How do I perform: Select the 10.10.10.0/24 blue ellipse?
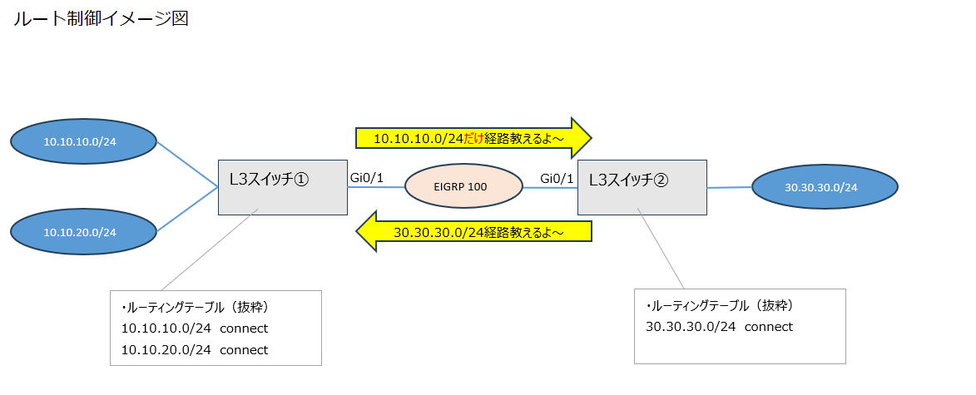click(x=84, y=141)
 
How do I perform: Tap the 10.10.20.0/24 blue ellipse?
click(x=84, y=231)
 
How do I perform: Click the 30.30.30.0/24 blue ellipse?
click(x=825, y=187)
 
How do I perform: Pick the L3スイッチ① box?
click(x=283, y=187)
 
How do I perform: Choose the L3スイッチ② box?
click(x=642, y=187)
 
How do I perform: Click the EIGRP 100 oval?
click(x=463, y=187)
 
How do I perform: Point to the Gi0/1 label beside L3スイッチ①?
click(x=367, y=178)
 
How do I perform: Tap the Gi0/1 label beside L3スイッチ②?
click(x=557, y=178)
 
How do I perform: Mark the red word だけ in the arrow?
click(x=473, y=137)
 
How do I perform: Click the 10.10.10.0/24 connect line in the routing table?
click(x=195, y=328)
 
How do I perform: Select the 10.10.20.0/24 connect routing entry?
click(x=195, y=350)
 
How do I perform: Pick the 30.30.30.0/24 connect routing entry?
click(x=719, y=327)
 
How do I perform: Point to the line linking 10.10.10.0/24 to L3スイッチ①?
click(x=187, y=165)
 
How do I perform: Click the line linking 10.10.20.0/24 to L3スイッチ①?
click(x=187, y=210)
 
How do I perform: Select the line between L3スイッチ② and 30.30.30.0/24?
click(x=729, y=188)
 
